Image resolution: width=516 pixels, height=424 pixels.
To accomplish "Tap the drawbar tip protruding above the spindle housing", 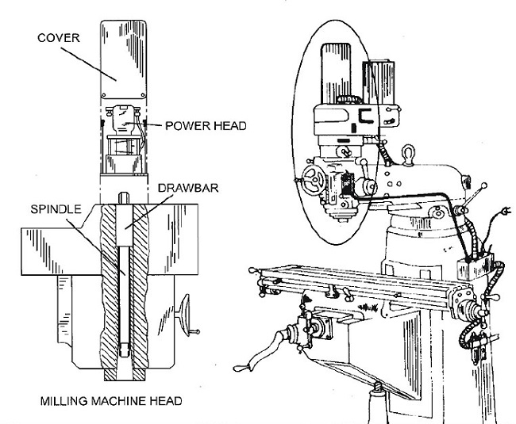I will tap(125, 196).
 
